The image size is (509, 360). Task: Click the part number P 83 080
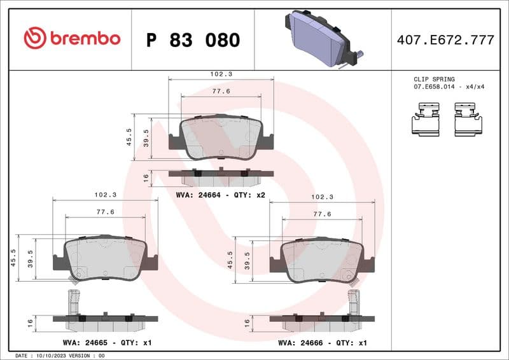[193, 40]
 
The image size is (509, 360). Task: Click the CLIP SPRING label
[434, 80]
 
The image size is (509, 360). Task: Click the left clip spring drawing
[427, 121]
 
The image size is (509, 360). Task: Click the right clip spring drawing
[469, 121]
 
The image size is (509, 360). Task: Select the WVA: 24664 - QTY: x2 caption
[221, 195]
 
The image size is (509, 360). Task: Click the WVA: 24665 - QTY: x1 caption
[107, 342]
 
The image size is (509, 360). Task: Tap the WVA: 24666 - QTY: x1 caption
[323, 342]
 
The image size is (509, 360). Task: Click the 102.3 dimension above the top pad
[221, 74]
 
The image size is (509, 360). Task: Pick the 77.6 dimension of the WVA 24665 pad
[105, 211]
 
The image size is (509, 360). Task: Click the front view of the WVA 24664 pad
[221, 137]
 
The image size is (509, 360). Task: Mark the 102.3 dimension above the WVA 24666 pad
[322, 197]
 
